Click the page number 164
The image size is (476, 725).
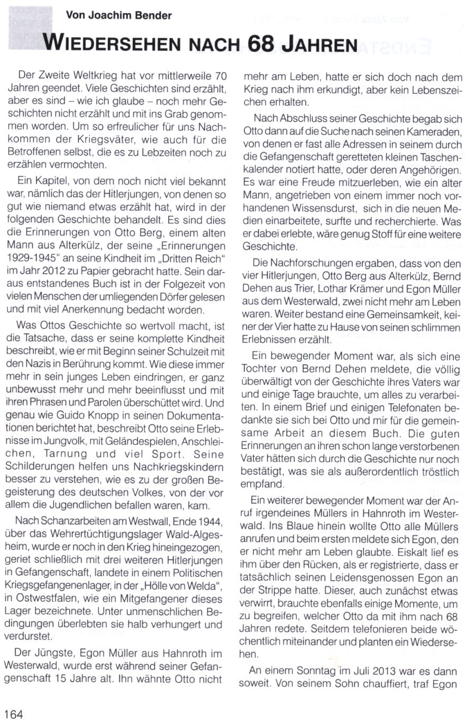(x=14, y=714)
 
